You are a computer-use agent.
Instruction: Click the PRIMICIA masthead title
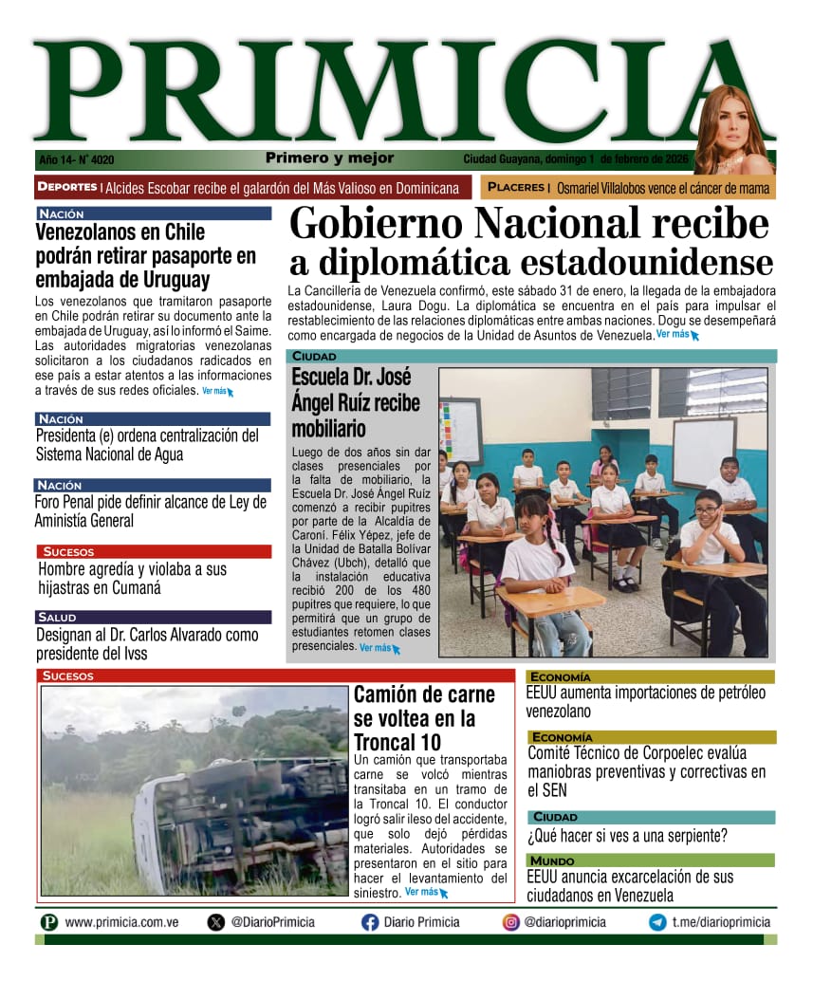coord(379,92)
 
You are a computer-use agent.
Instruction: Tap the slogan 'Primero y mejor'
coord(329,158)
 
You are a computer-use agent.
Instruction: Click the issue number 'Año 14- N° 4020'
coord(76,160)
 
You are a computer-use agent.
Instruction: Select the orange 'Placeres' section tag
coord(518,188)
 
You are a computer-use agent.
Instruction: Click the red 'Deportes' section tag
coord(67,187)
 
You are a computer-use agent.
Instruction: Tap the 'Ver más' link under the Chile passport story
coord(216,391)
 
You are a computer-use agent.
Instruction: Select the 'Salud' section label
coord(58,618)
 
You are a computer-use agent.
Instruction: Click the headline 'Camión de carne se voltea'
coord(424,718)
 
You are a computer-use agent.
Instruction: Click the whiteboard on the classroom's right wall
coord(703,452)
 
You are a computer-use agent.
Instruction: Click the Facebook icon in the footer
coord(370,922)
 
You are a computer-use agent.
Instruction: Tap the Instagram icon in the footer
coord(510,922)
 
